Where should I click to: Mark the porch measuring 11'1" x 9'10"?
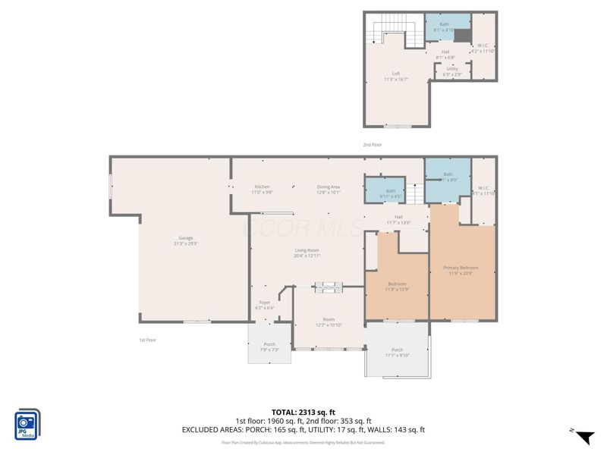pyautogui.click(x=397, y=352)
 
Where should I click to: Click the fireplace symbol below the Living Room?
pyautogui.click(x=329, y=287)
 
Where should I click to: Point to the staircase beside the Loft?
pyautogui.click(x=395, y=34)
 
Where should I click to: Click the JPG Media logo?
pyautogui.click(x=27, y=425)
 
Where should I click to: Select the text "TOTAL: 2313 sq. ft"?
pyautogui.click(x=303, y=412)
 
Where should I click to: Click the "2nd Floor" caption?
pyautogui.click(x=372, y=144)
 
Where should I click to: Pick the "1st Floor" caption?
pyautogui.click(x=148, y=340)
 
